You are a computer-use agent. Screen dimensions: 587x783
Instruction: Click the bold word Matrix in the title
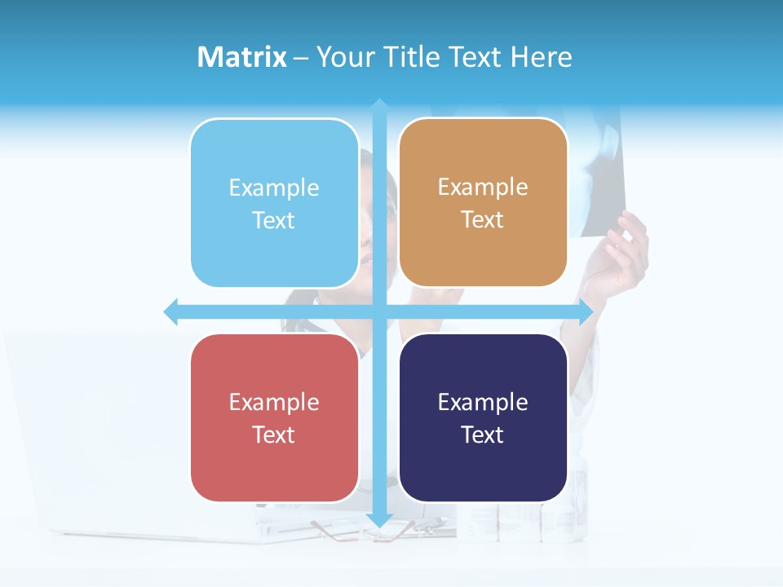(241, 57)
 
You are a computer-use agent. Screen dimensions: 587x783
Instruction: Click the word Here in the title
(542, 57)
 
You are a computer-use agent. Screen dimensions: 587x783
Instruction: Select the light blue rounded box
(274, 203)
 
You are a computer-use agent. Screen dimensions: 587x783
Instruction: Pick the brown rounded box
(483, 203)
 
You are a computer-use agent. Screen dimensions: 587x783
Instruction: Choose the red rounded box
(274, 418)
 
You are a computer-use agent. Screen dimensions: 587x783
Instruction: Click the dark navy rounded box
(483, 418)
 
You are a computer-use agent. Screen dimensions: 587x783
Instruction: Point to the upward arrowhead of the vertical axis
(379, 106)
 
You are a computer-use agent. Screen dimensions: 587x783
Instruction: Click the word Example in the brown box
(483, 187)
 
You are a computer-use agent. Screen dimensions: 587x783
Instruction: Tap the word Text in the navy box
(483, 435)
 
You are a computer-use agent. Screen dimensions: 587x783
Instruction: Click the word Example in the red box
(274, 402)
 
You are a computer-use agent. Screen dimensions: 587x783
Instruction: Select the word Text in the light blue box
(274, 220)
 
